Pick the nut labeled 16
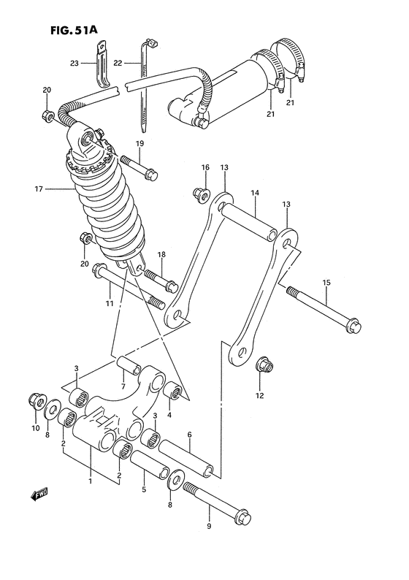199,194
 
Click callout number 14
256,194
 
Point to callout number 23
74,63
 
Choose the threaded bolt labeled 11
129,290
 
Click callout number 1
90,481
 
